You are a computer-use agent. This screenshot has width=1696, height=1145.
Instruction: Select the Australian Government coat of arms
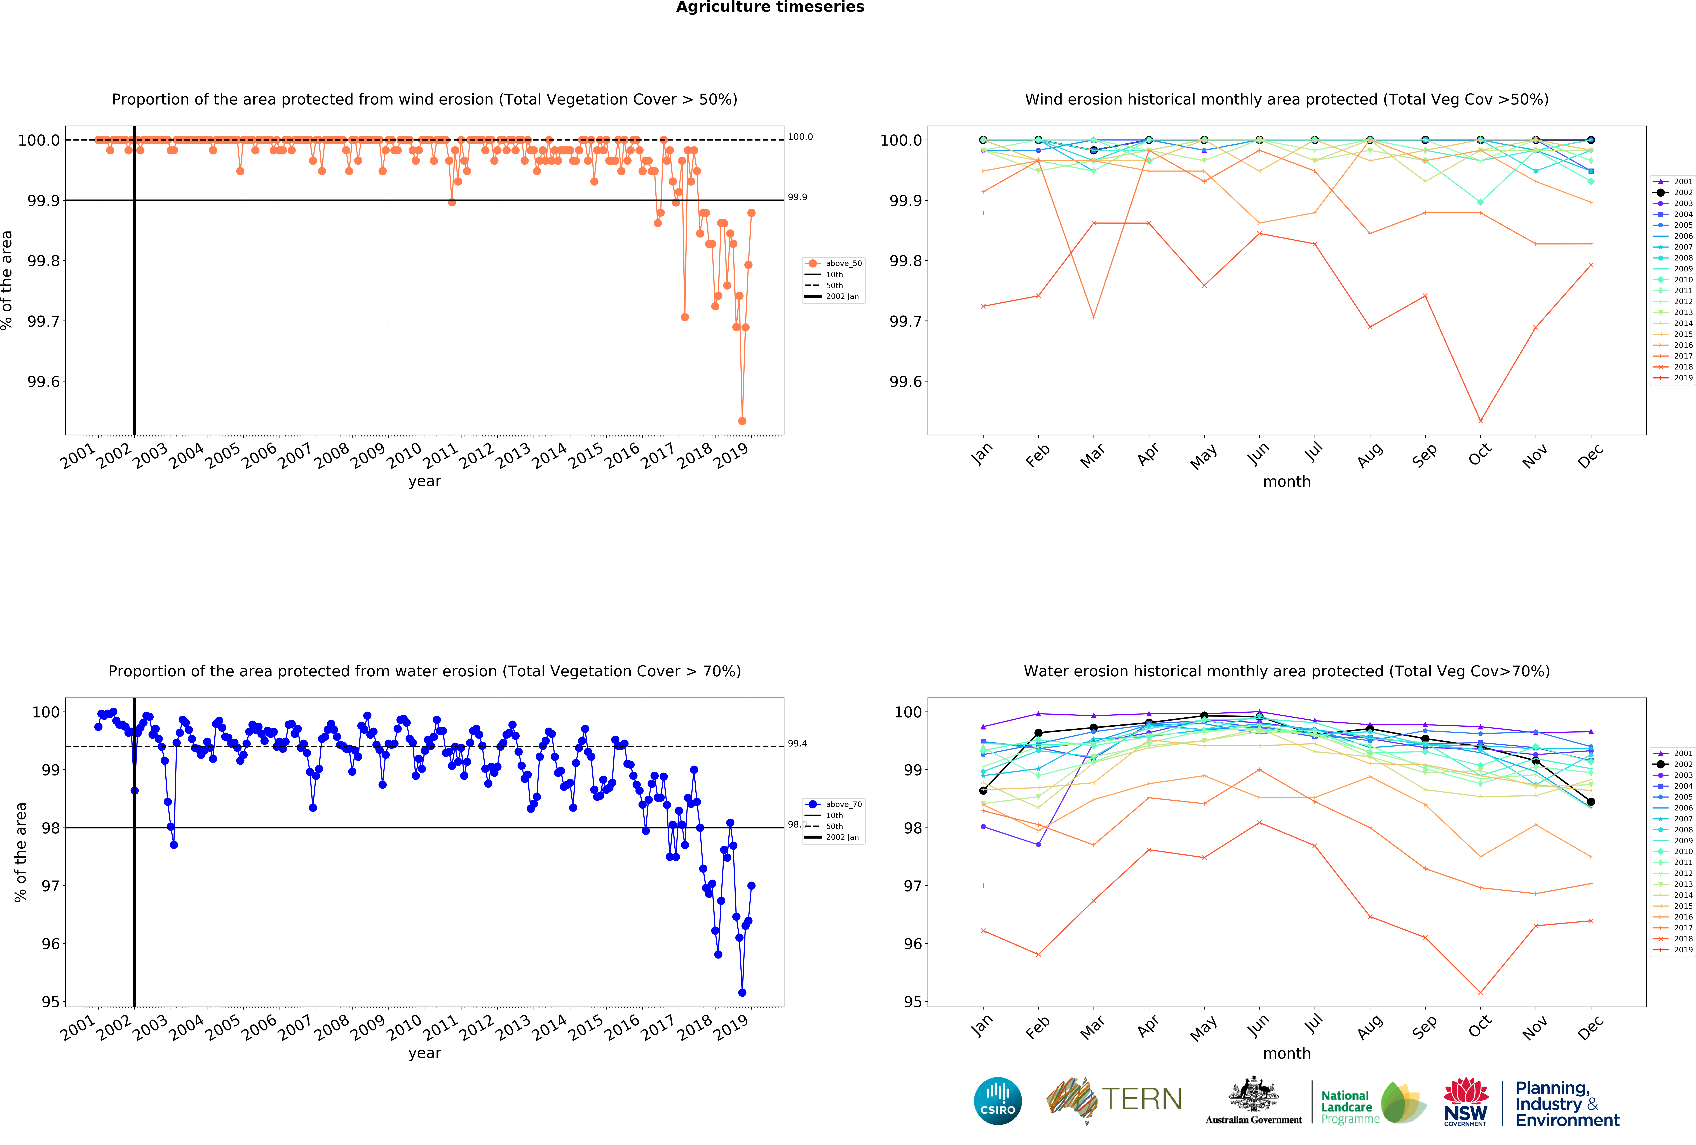(1253, 1094)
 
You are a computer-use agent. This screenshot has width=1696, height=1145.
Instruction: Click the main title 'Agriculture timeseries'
(770, 7)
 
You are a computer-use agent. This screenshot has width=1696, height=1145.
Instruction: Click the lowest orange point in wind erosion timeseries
(742, 421)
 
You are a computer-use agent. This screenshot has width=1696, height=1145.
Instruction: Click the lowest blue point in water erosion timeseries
(742, 993)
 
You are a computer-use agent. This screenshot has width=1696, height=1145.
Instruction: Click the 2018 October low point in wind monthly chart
(1480, 421)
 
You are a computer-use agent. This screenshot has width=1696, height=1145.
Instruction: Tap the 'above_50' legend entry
(843, 263)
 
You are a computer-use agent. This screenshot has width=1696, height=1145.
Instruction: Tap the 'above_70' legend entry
(843, 804)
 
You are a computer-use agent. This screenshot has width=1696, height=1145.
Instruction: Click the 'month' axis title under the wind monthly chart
(1287, 481)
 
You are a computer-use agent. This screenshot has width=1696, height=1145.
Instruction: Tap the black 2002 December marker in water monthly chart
(1591, 802)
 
